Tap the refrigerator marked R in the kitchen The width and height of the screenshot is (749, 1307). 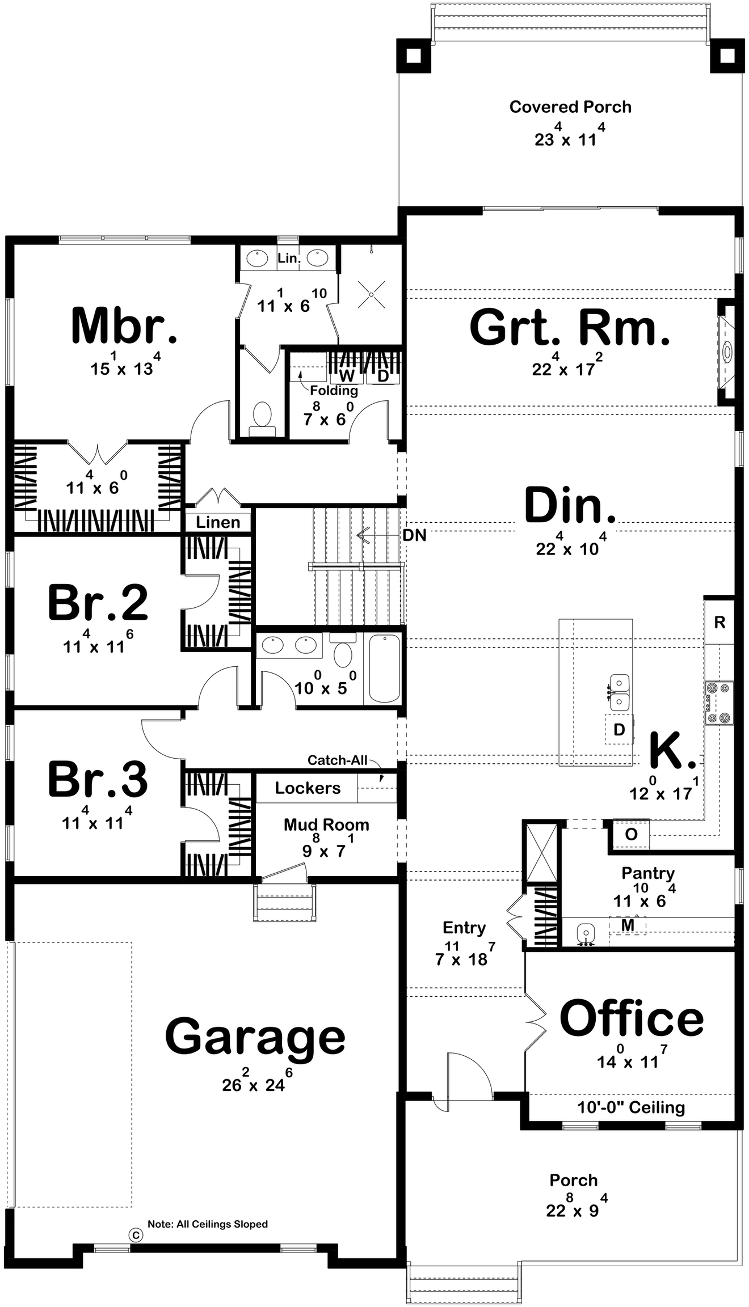click(719, 622)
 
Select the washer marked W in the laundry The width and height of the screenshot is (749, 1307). click(346, 375)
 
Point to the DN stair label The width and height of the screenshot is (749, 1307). click(414, 535)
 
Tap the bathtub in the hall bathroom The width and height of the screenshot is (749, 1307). click(384, 668)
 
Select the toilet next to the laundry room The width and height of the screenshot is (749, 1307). click(262, 418)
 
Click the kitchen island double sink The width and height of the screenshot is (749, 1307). click(620, 692)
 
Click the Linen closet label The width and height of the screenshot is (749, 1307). click(218, 522)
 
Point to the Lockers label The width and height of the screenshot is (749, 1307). click(308, 788)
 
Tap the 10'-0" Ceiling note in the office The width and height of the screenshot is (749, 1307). click(631, 1107)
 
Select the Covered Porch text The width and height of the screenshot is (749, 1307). click(570, 107)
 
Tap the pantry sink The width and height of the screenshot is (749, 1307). click(586, 932)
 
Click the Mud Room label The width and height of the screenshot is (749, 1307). click(326, 824)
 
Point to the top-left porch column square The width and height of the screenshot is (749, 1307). click(414, 56)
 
